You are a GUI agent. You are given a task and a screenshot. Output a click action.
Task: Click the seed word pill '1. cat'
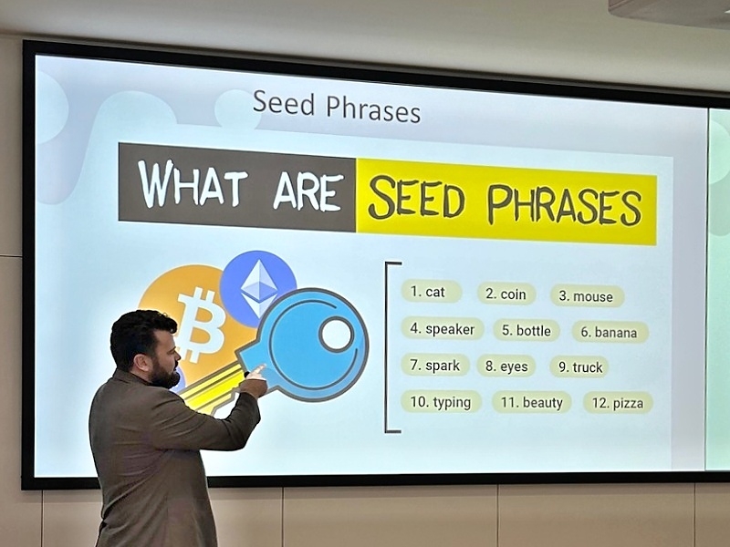tap(431, 292)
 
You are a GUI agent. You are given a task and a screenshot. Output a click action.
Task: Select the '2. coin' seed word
tap(506, 294)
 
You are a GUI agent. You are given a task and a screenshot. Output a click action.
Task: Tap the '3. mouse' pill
tap(587, 296)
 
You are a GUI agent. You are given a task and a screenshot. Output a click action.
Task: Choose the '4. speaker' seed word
tap(443, 329)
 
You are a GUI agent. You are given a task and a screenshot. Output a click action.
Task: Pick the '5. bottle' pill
tap(527, 331)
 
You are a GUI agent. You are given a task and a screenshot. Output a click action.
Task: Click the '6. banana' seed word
tap(610, 333)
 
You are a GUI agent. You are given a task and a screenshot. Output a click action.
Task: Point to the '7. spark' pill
tap(435, 366)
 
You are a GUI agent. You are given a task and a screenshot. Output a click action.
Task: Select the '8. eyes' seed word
tap(506, 366)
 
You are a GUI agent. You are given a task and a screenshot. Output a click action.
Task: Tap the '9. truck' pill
tap(580, 367)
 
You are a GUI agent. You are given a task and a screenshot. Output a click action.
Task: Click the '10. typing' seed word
tap(441, 402)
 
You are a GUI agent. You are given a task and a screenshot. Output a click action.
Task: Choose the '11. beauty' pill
tap(532, 402)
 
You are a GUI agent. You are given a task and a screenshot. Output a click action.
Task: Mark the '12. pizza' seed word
tap(618, 403)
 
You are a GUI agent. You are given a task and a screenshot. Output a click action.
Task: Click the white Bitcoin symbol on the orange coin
tap(201, 324)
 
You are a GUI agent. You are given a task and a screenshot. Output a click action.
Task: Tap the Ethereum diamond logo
tap(259, 289)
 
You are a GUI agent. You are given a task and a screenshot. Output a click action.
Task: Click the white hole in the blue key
tap(336, 334)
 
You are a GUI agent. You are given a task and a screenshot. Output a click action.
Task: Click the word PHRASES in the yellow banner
tap(564, 204)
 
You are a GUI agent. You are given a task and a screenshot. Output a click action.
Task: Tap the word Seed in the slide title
tap(284, 103)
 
